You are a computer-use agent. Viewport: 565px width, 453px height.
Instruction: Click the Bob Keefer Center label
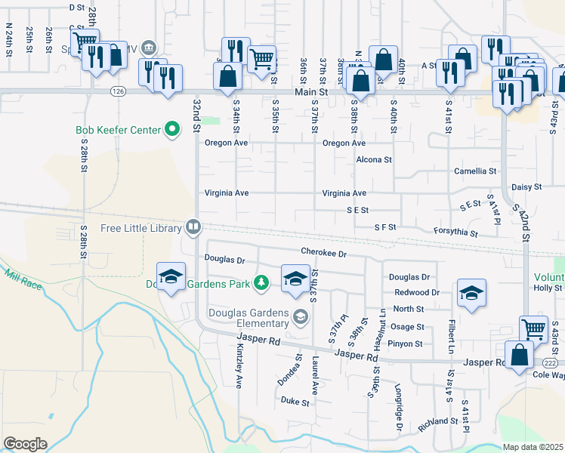pyautogui.click(x=118, y=130)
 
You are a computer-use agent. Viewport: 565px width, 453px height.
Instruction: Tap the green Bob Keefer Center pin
pyautogui.click(x=172, y=130)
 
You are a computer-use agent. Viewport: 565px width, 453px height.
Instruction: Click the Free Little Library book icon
pyautogui.click(x=194, y=226)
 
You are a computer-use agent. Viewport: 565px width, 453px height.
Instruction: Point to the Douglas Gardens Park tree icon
pyautogui.click(x=261, y=282)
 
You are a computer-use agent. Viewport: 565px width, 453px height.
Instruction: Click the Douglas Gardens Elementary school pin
pyautogui.click(x=301, y=317)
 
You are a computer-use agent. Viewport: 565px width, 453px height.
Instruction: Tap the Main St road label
pyautogui.click(x=313, y=91)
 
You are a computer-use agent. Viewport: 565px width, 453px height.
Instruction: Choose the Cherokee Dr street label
pyautogui.click(x=323, y=254)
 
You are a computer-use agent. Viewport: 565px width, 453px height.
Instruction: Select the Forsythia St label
pyautogui.click(x=455, y=233)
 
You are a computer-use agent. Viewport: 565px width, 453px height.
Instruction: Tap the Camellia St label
pyautogui.click(x=475, y=171)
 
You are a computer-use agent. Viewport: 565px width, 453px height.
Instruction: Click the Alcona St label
pyautogui.click(x=374, y=160)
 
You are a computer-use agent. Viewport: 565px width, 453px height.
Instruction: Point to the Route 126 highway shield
pyautogui.click(x=117, y=91)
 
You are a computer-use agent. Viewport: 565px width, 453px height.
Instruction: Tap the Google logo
pyautogui.click(x=25, y=444)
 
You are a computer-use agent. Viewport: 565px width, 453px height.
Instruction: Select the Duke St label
pyautogui.click(x=295, y=402)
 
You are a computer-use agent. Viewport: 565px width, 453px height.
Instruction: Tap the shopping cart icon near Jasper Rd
pyautogui.click(x=533, y=328)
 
